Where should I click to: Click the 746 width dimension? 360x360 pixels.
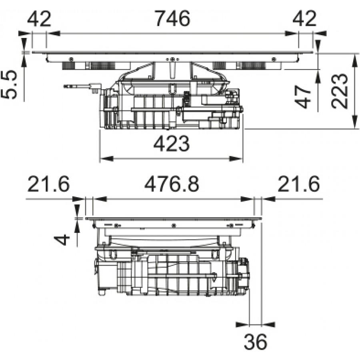173,18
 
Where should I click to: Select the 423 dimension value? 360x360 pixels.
171,144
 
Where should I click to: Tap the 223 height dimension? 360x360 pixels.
340,91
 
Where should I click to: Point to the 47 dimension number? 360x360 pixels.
303,97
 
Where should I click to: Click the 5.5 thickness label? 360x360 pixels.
9,84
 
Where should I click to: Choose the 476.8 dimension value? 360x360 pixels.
172,184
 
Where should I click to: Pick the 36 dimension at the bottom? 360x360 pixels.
255,342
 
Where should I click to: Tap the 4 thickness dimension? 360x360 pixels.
62,240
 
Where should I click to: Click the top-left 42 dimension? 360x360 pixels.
39,18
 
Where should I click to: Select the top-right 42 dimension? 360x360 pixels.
304,18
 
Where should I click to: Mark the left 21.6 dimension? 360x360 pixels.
48,184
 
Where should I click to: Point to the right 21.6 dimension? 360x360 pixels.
298,184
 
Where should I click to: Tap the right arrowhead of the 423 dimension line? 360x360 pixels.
236,158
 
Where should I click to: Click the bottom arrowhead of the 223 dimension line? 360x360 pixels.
355,122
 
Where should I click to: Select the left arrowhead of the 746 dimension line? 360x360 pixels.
53,34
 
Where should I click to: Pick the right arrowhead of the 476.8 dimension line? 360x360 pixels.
247,199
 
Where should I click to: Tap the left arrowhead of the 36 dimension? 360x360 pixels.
243,324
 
